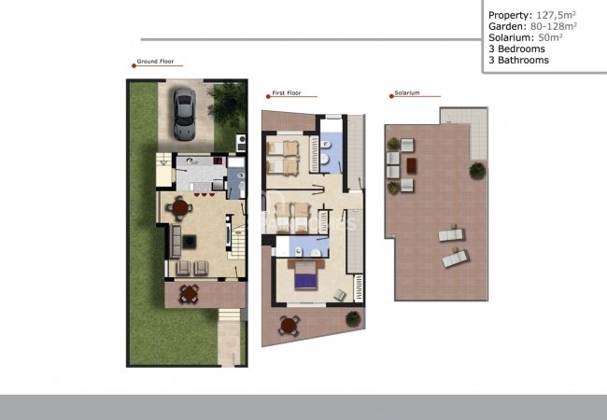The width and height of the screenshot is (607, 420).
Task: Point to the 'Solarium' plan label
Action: click(406, 93)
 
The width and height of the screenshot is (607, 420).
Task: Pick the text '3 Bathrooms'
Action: click(518, 60)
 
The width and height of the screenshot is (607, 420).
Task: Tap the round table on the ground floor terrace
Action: click(190, 295)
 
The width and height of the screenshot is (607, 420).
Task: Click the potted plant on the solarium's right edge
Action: click(477, 171)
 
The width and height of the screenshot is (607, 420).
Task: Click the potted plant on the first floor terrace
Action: click(353, 319)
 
